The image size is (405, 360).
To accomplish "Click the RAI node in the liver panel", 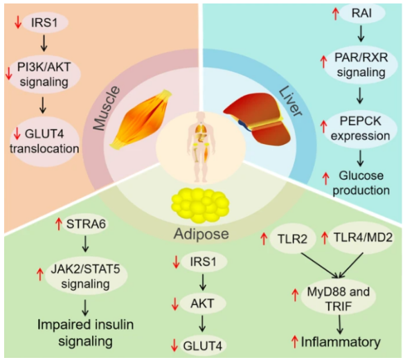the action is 362,13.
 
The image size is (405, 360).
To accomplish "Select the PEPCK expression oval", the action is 361,129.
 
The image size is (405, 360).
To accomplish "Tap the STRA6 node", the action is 86,224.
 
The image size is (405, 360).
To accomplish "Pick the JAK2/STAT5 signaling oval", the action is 86,277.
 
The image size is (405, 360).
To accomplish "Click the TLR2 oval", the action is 293,239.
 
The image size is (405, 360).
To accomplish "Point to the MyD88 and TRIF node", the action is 339,299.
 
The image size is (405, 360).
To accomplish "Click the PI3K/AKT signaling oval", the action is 44,74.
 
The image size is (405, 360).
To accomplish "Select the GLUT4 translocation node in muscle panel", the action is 44,141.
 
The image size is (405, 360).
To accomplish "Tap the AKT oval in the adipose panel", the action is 202,303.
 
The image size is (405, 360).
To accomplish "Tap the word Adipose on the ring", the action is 201,234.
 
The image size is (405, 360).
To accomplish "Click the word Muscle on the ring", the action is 107,108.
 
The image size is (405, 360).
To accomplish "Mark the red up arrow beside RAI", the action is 335,13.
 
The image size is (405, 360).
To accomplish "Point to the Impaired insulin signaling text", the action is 85,333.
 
